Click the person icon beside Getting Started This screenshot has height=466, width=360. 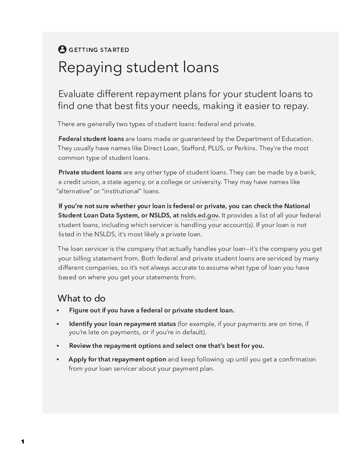click(x=62, y=49)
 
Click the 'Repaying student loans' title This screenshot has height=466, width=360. click(x=138, y=67)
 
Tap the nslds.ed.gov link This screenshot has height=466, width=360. click(x=199, y=215)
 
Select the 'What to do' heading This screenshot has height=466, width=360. click(x=81, y=298)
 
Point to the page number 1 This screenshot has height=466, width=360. click(x=23, y=442)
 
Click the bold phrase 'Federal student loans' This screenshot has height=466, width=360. click(x=91, y=139)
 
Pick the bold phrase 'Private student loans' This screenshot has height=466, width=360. click(x=90, y=172)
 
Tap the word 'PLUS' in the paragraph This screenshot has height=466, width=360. click(x=216, y=148)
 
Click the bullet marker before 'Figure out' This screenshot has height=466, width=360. click(x=58, y=310)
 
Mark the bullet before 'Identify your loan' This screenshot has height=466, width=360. click(x=58, y=324)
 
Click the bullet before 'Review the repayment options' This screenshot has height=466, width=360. click(x=58, y=346)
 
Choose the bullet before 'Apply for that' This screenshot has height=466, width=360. click(x=58, y=359)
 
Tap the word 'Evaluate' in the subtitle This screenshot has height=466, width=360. click(x=76, y=94)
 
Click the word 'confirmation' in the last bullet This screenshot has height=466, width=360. click(x=297, y=359)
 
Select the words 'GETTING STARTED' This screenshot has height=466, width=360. click(x=99, y=50)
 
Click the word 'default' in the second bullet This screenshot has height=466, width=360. click(x=193, y=332)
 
